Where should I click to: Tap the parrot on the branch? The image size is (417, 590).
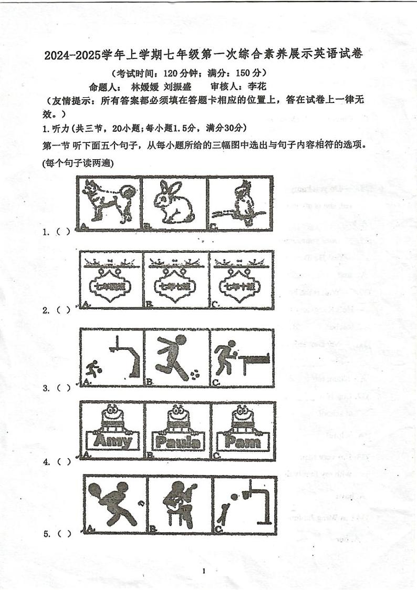(241, 204)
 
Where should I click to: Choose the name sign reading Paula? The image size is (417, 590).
(178, 441)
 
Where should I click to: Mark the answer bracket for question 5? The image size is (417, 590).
(64, 534)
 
